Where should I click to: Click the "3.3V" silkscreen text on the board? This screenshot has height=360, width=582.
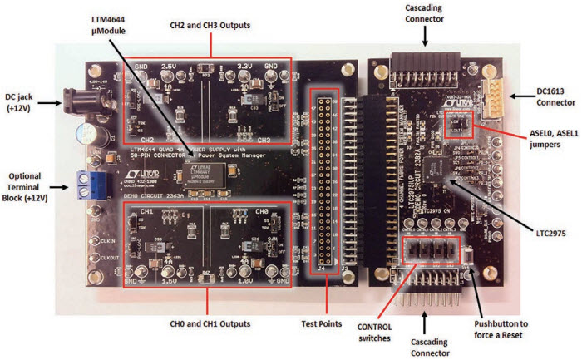pos(248,65)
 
